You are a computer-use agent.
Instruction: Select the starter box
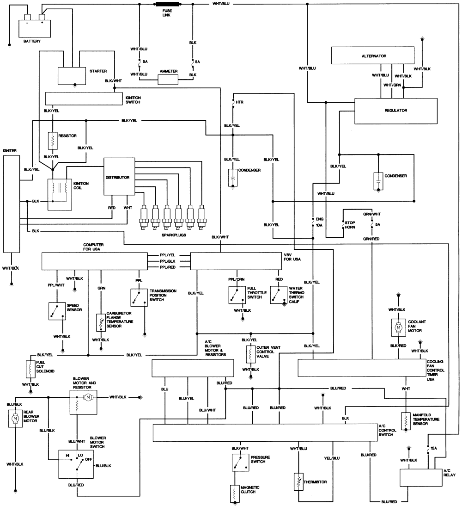72,76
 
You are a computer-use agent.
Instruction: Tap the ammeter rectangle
168,80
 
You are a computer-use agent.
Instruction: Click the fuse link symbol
166,4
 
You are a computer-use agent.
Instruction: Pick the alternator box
373,56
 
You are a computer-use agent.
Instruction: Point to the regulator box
396,111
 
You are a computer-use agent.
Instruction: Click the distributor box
119,177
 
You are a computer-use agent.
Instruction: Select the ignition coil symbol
60,195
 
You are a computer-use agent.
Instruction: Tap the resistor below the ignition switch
53,141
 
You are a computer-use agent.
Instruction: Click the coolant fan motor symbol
399,328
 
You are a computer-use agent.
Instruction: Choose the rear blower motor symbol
15,419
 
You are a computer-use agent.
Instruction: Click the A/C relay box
421,478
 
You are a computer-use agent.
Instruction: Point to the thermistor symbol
298,482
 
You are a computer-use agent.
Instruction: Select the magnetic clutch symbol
235,494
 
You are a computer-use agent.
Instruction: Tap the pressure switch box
240,463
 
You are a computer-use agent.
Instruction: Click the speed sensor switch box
57,311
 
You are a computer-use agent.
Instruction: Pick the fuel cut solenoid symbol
30,369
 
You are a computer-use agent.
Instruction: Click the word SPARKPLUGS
174,235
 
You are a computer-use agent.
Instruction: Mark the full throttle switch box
237,295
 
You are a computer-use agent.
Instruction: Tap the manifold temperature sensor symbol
406,421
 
